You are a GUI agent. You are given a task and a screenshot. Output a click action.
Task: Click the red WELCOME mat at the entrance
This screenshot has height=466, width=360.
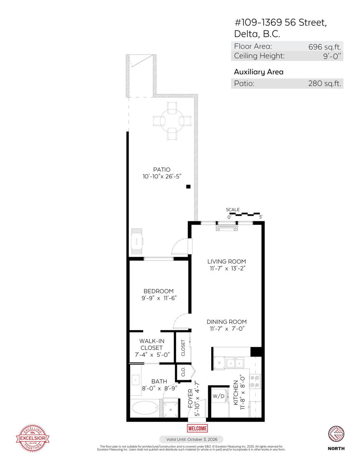(197, 428)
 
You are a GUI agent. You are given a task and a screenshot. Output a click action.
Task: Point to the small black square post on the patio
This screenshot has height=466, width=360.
(188, 187)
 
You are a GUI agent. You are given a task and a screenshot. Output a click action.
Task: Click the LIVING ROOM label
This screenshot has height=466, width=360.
(226, 262)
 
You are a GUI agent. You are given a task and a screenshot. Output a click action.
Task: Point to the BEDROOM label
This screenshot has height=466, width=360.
(158, 291)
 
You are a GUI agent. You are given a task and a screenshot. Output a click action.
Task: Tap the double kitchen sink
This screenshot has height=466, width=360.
(235, 363)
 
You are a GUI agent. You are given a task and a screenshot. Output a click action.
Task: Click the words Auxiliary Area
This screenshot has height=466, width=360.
(258, 72)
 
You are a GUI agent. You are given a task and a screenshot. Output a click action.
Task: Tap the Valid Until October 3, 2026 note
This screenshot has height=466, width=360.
(191, 439)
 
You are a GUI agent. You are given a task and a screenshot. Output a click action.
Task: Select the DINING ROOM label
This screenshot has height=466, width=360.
(226, 322)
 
